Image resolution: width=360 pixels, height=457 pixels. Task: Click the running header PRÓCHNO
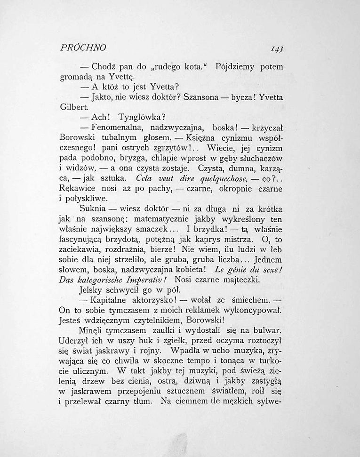83,47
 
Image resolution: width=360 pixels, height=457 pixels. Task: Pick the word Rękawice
79,189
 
